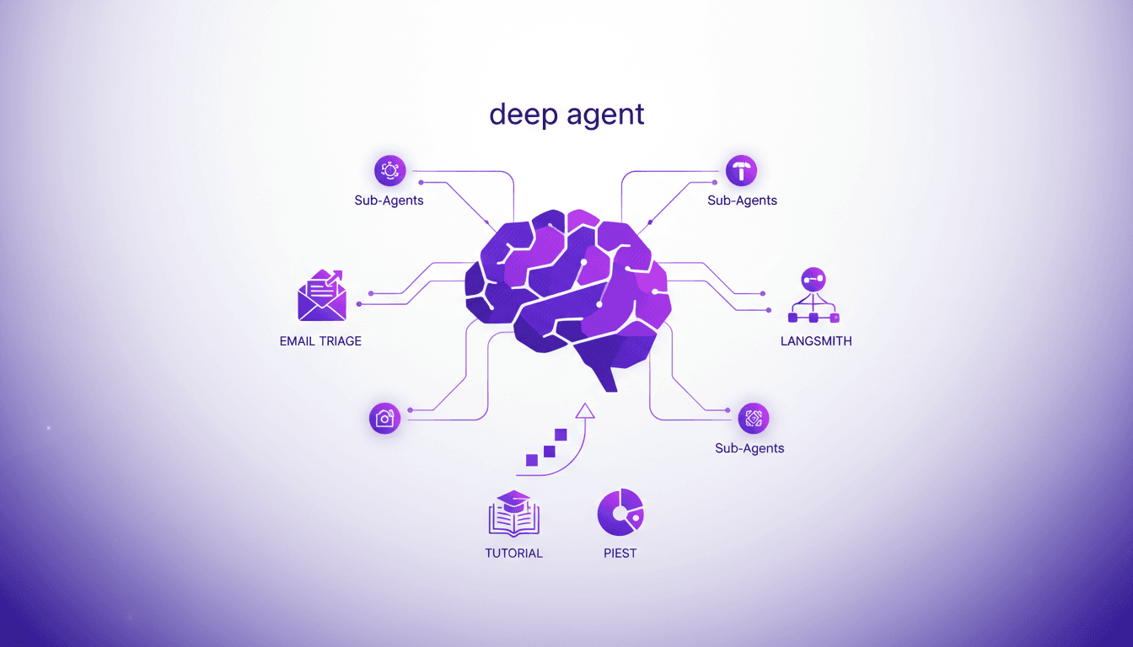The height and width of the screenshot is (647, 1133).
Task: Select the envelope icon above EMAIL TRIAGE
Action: [x=321, y=297]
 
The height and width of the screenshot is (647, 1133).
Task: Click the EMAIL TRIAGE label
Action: [x=320, y=341]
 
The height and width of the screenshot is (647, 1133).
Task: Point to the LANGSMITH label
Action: [x=816, y=341]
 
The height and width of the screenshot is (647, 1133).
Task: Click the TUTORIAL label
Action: [x=513, y=553]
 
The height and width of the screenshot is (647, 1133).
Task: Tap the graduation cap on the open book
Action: [x=513, y=499]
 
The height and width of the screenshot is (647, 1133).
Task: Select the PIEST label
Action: [x=620, y=553]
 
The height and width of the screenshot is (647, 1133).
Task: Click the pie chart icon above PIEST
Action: [x=620, y=512]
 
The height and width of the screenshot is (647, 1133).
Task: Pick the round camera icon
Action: [x=384, y=418]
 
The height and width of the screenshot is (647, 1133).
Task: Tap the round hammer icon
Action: [x=741, y=171]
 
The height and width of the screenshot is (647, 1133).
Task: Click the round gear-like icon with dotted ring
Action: [x=389, y=171]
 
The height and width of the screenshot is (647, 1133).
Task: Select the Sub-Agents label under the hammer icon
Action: [x=742, y=201]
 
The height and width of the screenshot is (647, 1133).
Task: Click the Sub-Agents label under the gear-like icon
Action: [x=389, y=201]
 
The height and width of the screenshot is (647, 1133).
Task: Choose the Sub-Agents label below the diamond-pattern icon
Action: [x=749, y=448]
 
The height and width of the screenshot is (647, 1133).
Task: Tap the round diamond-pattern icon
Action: [x=753, y=418]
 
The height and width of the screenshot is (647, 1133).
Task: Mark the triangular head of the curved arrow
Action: [x=584, y=411]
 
